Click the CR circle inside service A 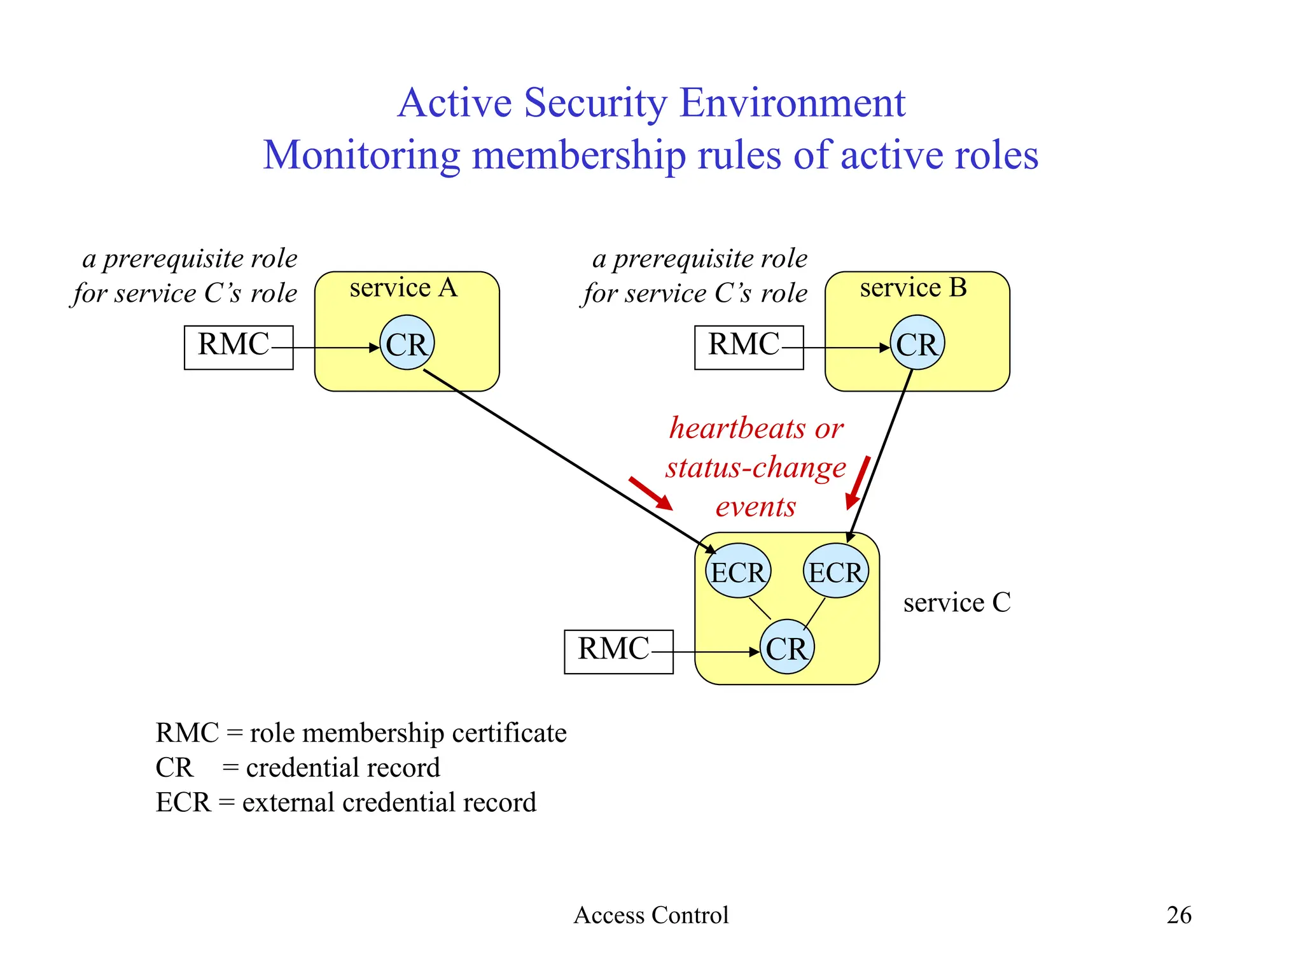[407, 343]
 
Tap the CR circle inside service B [917, 343]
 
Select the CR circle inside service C [787, 647]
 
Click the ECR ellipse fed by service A [738, 570]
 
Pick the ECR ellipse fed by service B [835, 570]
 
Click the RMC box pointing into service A [239, 347]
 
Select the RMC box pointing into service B [749, 347]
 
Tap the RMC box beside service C [618, 651]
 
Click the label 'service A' [403, 288]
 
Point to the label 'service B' [913, 288]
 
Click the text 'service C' [956, 602]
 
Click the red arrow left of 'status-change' [650, 493]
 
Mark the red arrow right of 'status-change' [858, 482]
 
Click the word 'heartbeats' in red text [737, 428]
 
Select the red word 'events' [755, 507]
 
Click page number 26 [1178, 915]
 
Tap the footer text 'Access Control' [651, 915]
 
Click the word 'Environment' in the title [792, 103]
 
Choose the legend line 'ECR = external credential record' [346, 802]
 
